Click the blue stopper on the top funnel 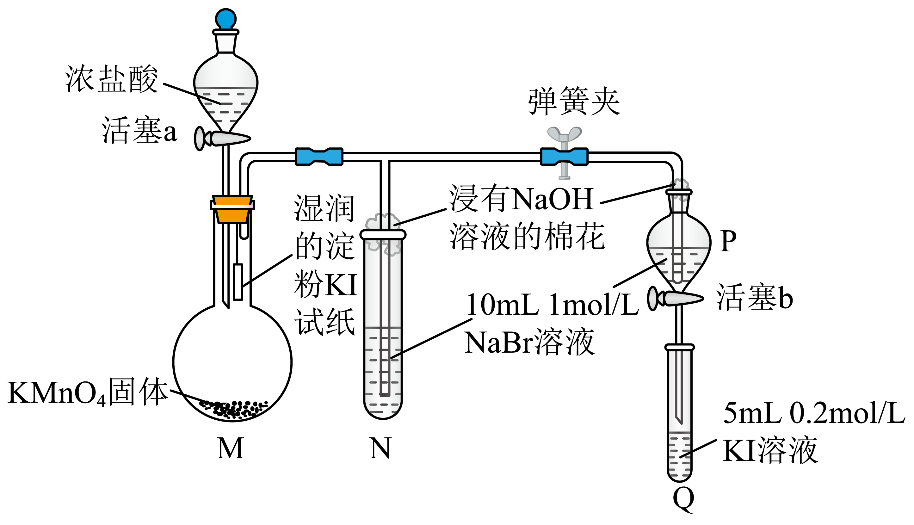[226, 19]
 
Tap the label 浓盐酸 [111, 79]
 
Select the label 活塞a [139, 131]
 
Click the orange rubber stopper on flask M [232, 209]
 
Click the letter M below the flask [230, 448]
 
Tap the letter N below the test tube [380, 448]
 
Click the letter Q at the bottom [684, 499]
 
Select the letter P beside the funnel [728, 241]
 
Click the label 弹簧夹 [574, 101]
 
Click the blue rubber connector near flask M [319, 157]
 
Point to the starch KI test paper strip [238, 281]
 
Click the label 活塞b [754, 298]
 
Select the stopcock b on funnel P [675, 298]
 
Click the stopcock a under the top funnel [222, 139]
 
